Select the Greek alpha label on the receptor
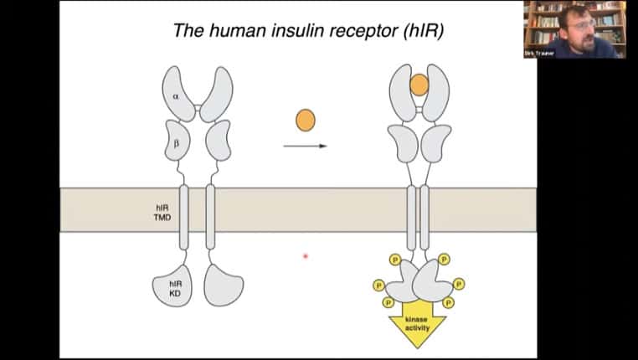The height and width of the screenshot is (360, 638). click(176, 96)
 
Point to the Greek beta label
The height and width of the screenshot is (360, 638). click(176, 142)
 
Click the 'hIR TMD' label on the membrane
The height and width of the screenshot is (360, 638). click(163, 210)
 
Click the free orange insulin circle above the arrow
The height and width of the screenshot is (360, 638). click(305, 121)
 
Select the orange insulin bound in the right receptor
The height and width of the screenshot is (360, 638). click(419, 85)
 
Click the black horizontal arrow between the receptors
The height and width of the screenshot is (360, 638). click(305, 146)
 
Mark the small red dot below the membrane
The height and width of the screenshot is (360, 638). click(306, 255)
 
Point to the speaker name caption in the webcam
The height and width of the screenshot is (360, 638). click(539, 53)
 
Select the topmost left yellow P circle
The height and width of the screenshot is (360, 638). click(394, 260)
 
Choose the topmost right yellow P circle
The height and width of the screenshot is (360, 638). click(444, 260)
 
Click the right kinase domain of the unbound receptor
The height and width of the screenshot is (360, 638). click(223, 285)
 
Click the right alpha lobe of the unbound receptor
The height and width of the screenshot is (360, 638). click(217, 94)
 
